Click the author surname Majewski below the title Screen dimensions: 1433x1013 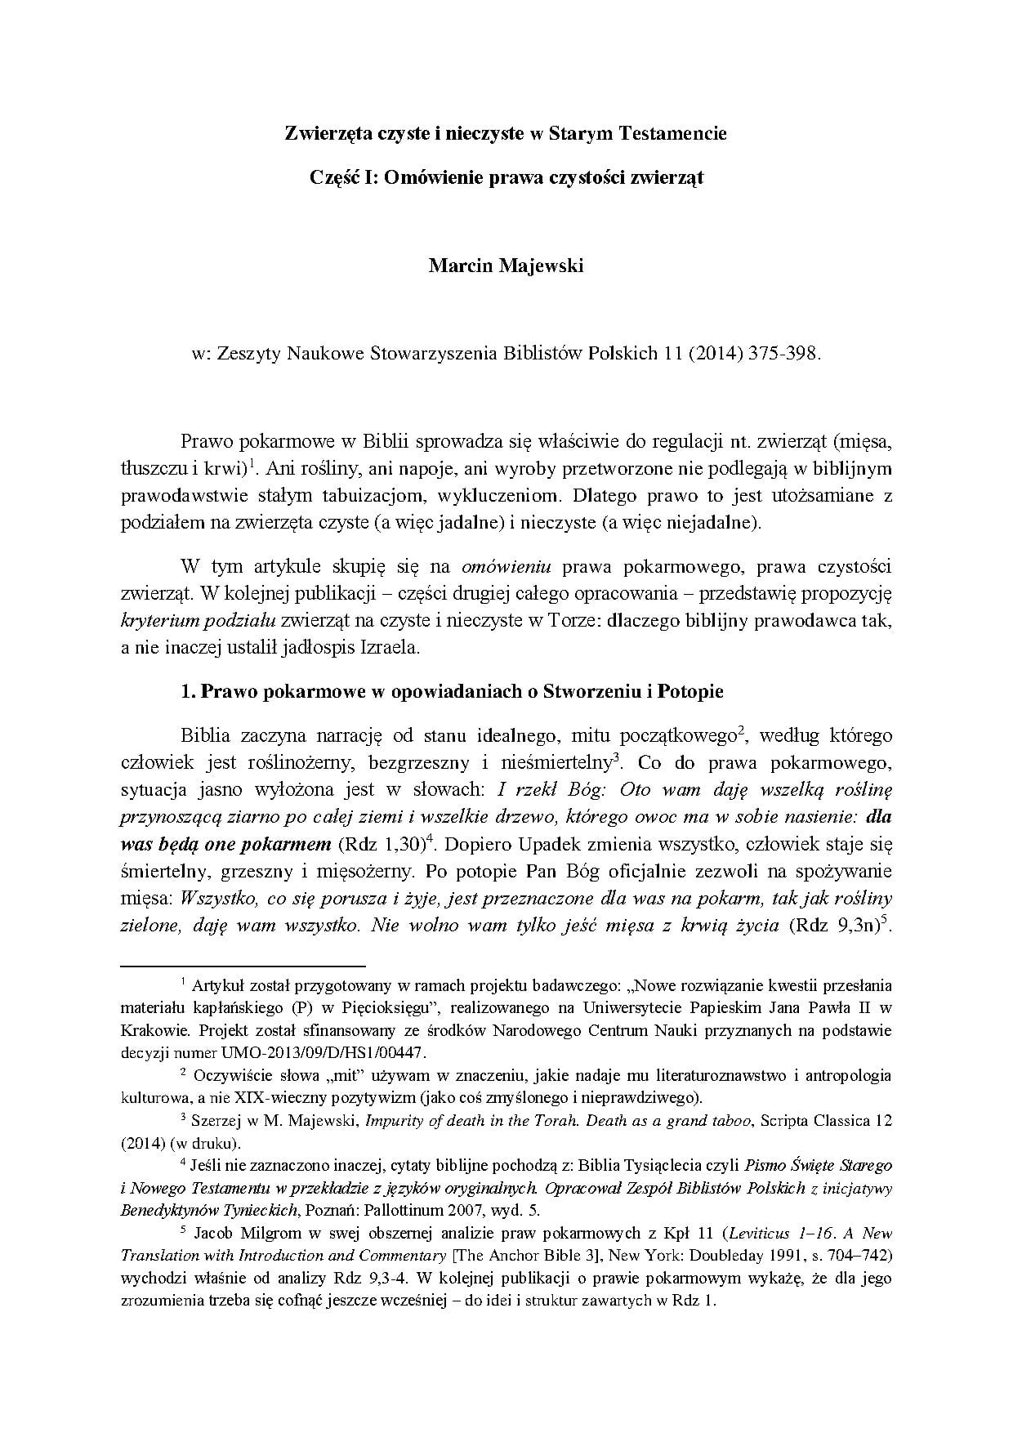(x=542, y=266)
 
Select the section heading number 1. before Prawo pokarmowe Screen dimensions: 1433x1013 (x=187, y=692)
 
